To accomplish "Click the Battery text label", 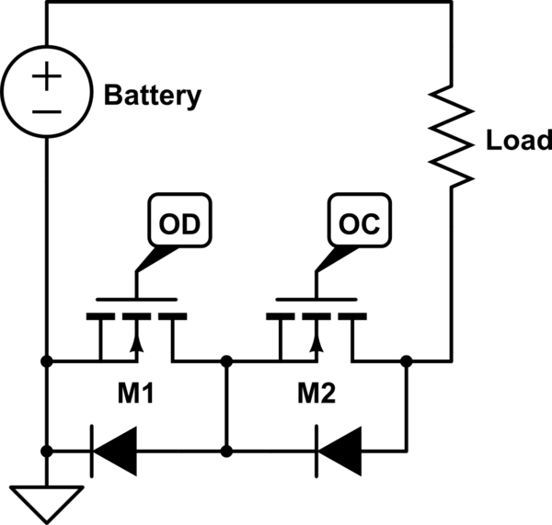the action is (153, 96).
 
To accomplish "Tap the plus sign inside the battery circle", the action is (47, 76).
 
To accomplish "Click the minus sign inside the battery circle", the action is (47, 112).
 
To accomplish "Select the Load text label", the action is (519, 140).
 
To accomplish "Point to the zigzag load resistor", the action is (452, 136).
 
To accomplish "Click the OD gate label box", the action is (179, 221).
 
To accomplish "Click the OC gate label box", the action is (360, 221).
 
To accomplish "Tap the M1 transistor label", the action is (135, 393).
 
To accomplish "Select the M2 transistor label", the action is (316, 393).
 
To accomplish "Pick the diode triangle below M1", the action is (114, 451).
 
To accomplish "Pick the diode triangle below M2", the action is (339, 451).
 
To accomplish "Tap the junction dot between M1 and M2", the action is (226, 361).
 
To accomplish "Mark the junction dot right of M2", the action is (407, 361).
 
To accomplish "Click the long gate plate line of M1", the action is (136, 300).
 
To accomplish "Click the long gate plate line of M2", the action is (316, 300).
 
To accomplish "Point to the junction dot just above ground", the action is (47, 451).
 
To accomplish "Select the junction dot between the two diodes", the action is (226, 451).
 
